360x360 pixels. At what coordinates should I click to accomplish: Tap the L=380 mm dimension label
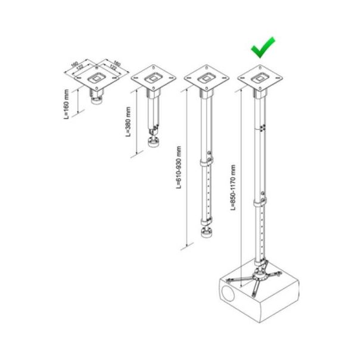pyautogui.click(x=128, y=122)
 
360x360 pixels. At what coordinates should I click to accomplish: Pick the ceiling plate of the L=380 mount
pyautogui.click(x=153, y=77)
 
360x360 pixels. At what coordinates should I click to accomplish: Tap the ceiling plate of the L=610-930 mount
pyautogui.click(x=206, y=77)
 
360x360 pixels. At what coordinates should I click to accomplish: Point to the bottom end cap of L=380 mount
pyautogui.click(x=153, y=144)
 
